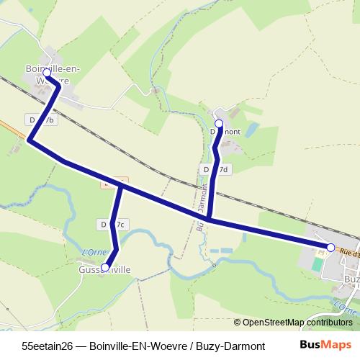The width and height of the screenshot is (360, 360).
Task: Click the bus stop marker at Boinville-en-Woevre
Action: [x=47, y=73]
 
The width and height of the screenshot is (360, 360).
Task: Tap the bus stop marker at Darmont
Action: [x=219, y=123]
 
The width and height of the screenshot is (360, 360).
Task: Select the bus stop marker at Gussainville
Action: [x=105, y=267]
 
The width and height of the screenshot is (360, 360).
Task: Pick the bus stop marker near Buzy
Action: [x=330, y=247]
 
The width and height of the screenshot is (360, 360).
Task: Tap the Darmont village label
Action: [x=225, y=132]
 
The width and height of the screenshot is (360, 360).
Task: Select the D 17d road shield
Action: [x=215, y=169]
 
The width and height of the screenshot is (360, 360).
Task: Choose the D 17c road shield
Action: [x=113, y=225]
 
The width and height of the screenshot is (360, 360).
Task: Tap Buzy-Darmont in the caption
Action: [x=230, y=346]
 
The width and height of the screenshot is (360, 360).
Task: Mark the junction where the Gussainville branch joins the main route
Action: [x=122, y=186]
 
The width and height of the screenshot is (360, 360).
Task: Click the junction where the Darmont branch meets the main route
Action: [x=209, y=218]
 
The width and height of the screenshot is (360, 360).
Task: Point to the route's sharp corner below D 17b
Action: [x=30, y=140]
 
